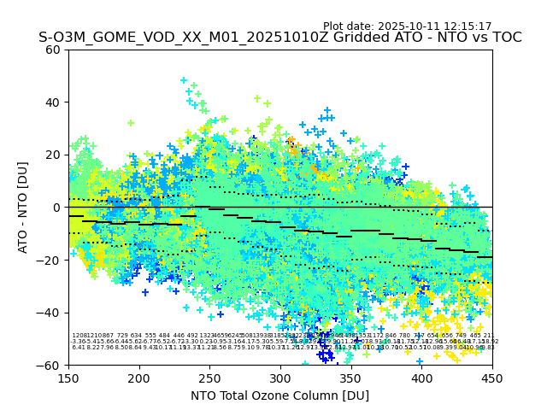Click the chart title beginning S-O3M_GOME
coord(279,38)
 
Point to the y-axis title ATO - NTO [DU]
coord(24,207)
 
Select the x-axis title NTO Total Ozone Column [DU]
coord(279,395)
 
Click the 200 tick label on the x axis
coord(139,377)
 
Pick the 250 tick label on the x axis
coord(209,377)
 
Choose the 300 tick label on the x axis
coord(280,377)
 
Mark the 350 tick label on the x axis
coord(351,377)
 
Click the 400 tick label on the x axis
coord(421,377)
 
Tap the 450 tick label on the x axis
coord(492,377)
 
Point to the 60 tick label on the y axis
coord(53,50)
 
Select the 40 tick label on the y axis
coord(53,102)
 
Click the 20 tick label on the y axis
coord(53,155)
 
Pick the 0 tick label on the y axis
coord(56,208)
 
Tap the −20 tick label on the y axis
coord(50,260)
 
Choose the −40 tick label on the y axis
coord(50,313)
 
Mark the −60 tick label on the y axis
coord(50,365)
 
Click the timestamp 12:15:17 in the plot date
coord(467,26)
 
